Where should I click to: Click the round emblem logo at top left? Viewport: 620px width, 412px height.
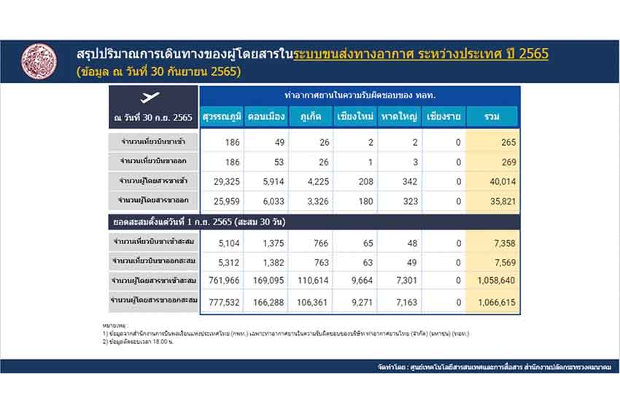pos(39,62)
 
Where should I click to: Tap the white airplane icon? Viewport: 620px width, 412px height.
pos(153,98)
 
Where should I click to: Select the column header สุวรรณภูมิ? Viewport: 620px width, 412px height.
pos(222,117)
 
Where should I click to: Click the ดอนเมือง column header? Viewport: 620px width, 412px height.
pos(267,117)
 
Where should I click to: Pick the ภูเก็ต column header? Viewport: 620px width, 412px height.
pos(311,117)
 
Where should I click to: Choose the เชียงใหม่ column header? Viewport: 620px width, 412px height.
pos(357,117)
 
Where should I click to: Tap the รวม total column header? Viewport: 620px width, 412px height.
pos(492,117)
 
